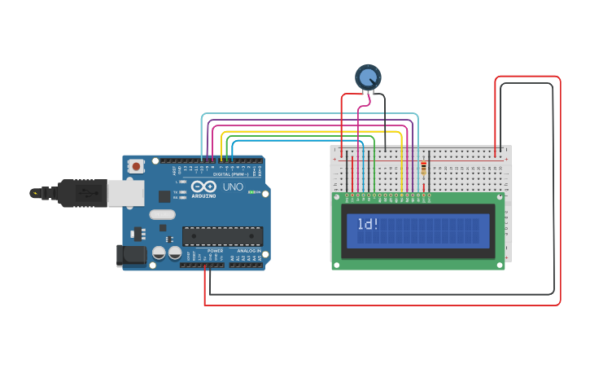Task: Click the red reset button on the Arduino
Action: (x=136, y=166)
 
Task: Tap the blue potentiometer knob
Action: (x=368, y=77)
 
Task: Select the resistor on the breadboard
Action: (x=423, y=169)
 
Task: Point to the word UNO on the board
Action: (x=233, y=187)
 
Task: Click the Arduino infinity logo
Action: (x=203, y=187)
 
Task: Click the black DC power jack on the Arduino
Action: (x=131, y=255)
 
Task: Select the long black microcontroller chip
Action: (x=222, y=236)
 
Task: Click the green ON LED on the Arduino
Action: (x=256, y=192)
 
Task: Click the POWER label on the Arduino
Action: (x=215, y=250)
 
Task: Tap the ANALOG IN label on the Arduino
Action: (x=248, y=250)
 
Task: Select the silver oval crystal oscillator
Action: (x=162, y=215)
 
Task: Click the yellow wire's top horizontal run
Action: (x=309, y=131)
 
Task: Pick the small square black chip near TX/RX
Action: (x=164, y=195)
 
